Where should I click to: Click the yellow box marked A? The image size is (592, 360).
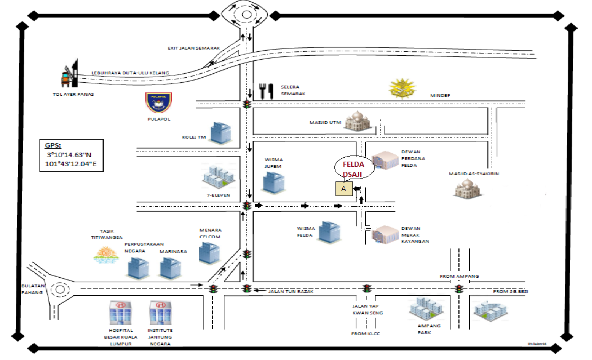click(343, 189)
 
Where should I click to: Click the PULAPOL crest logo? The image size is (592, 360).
click(159, 104)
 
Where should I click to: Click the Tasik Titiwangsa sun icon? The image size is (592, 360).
click(106, 256)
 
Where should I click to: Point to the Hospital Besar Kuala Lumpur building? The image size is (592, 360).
click(120, 313)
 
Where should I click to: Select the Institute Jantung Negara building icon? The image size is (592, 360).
click(160, 313)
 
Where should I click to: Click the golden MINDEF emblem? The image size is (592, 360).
click(405, 88)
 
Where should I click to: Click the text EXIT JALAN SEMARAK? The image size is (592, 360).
click(193, 48)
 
